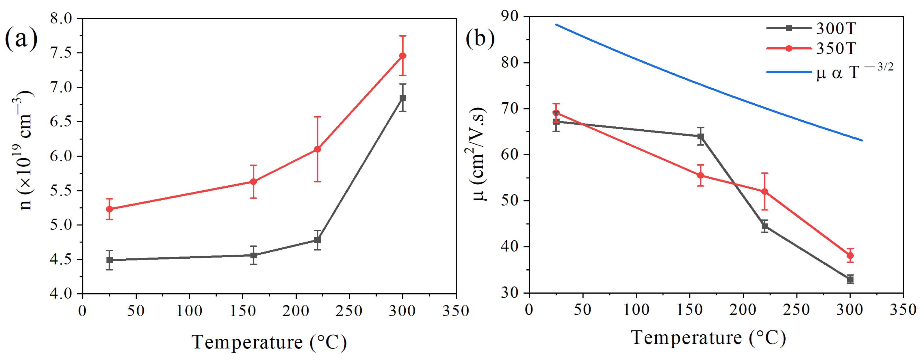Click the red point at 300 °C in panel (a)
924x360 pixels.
pyautogui.click(x=402, y=56)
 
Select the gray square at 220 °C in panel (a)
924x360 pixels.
pyautogui.click(x=317, y=240)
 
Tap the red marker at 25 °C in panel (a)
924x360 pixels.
pyautogui.click(x=110, y=209)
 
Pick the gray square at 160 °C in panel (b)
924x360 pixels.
pyautogui.click(x=700, y=136)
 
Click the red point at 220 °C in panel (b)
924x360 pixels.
pyautogui.click(x=765, y=191)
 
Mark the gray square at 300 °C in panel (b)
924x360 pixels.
pyautogui.click(x=850, y=280)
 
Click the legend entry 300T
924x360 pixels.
pyautogui.click(x=836, y=28)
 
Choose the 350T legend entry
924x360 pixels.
pyautogui.click(x=836, y=49)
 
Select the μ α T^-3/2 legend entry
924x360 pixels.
pyautogui.click(x=854, y=72)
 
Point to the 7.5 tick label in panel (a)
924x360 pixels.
pyautogui.click(x=62, y=53)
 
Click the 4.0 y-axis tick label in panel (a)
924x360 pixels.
pyautogui.click(x=62, y=294)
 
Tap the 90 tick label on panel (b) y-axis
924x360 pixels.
pyautogui.click(x=511, y=16)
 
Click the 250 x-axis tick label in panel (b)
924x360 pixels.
pyautogui.click(x=796, y=309)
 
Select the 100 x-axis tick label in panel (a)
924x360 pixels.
pyautogui.click(x=189, y=311)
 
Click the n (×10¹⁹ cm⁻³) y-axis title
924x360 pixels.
pyautogui.click(x=24, y=151)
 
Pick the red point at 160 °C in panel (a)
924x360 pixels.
pyautogui.click(x=253, y=182)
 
